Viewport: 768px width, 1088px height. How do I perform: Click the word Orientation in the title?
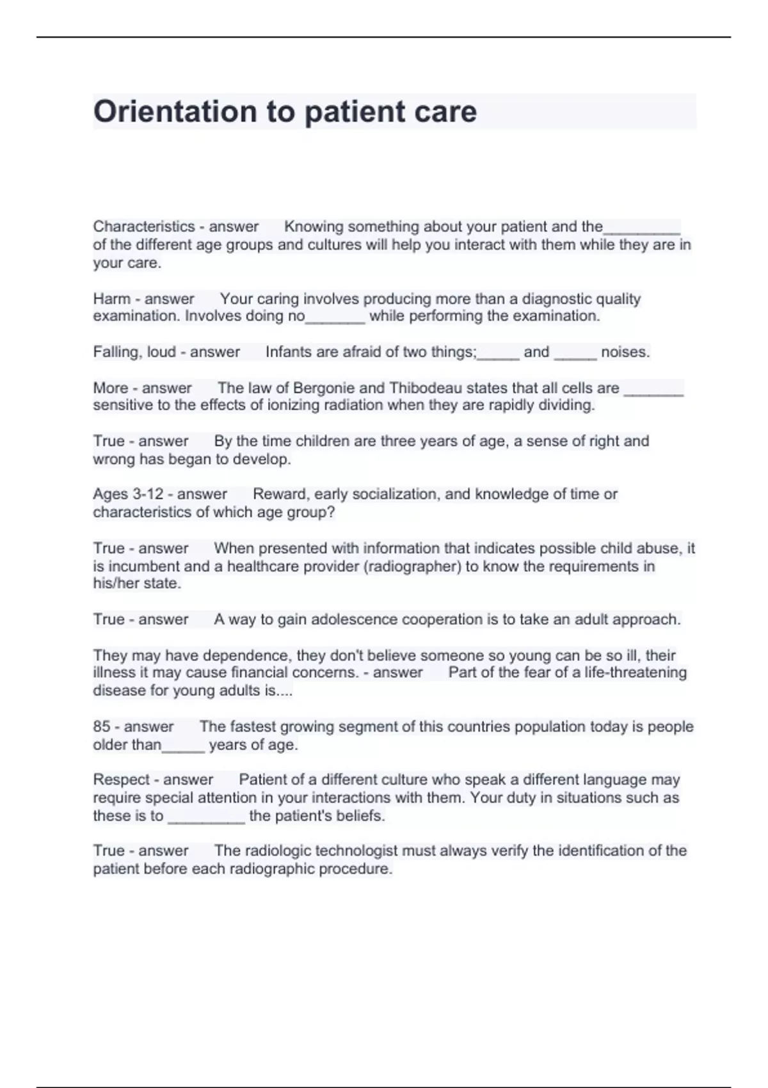click(174, 111)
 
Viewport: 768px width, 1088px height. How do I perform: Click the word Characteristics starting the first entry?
click(143, 227)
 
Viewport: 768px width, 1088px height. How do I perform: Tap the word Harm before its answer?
click(111, 299)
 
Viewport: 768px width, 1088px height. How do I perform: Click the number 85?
click(101, 726)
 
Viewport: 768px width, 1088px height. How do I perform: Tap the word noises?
click(625, 352)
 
